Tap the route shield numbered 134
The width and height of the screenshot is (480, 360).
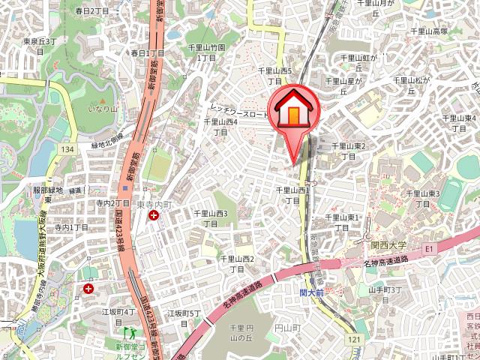click(x=68, y=151)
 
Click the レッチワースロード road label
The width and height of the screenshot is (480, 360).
click(x=240, y=111)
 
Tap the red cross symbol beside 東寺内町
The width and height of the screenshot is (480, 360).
click(x=154, y=216)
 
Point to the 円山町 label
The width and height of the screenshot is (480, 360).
click(x=286, y=328)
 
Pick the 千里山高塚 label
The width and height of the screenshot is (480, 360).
click(x=430, y=31)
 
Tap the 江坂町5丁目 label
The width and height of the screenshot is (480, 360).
click(x=184, y=318)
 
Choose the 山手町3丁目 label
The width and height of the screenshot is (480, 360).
click(x=386, y=294)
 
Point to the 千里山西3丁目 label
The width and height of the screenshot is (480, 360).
click(x=211, y=218)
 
